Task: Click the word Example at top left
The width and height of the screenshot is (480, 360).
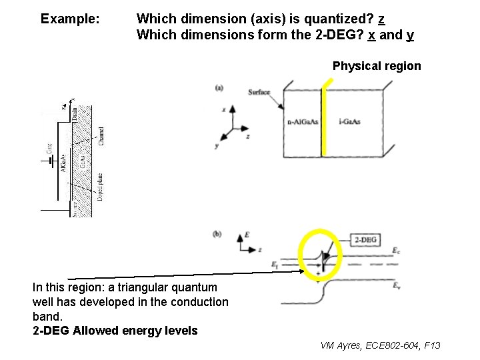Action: pos(70,19)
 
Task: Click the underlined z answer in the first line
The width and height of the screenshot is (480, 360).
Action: pos(381,19)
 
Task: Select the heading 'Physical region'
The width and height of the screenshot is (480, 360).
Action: pos(377,66)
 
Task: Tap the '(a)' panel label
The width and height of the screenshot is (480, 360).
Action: pos(219,87)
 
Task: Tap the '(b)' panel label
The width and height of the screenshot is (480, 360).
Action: pos(217,234)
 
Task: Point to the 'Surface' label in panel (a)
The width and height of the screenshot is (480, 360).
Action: pos(259,92)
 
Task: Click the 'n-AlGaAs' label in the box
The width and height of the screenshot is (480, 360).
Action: pos(303,122)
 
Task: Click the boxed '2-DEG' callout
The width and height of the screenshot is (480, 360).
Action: pos(365,239)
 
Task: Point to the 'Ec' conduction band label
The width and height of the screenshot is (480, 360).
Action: pos(397,251)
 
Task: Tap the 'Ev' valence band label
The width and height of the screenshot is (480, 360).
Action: pos(397,286)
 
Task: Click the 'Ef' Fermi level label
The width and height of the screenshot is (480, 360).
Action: pos(275,265)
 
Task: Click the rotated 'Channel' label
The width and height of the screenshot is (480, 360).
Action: pos(101,137)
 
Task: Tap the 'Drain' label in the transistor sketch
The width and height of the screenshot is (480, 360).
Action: pos(75,114)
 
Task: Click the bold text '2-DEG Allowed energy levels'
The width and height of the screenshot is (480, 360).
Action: pos(115,331)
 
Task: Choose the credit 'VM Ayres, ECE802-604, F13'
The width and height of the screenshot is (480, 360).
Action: pos(380,345)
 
